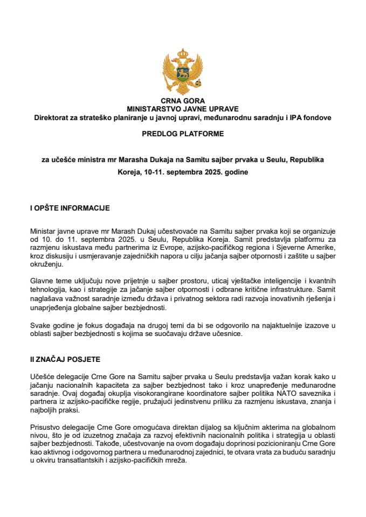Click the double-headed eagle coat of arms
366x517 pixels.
(x=183, y=73)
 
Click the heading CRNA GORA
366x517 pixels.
(x=183, y=101)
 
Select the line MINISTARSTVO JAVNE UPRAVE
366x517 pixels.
(x=183, y=108)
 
